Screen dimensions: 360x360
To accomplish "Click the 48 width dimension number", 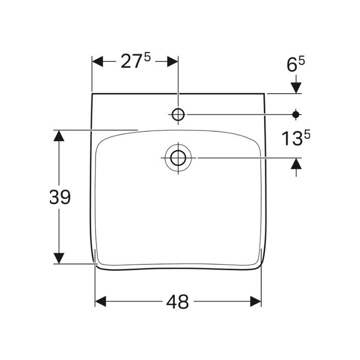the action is (x=178, y=302).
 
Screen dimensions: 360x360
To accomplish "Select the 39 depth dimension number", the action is (x=60, y=197).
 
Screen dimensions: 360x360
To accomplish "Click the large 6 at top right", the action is (x=292, y=65).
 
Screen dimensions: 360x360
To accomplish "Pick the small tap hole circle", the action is (x=178, y=114).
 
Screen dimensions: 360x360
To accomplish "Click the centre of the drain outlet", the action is (x=178, y=158).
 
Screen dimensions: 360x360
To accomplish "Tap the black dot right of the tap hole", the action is (x=296, y=114).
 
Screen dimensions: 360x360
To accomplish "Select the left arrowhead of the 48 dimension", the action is (x=101, y=301).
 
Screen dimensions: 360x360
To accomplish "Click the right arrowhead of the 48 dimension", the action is (x=255, y=301).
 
